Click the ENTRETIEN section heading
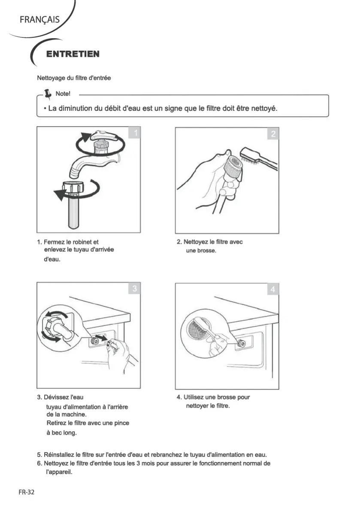(x=73, y=54)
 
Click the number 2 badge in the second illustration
(x=273, y=134)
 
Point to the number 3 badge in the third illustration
(x=135, y=289)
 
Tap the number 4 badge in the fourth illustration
(x=273, y=290)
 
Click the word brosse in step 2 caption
(x=207, y=251)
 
